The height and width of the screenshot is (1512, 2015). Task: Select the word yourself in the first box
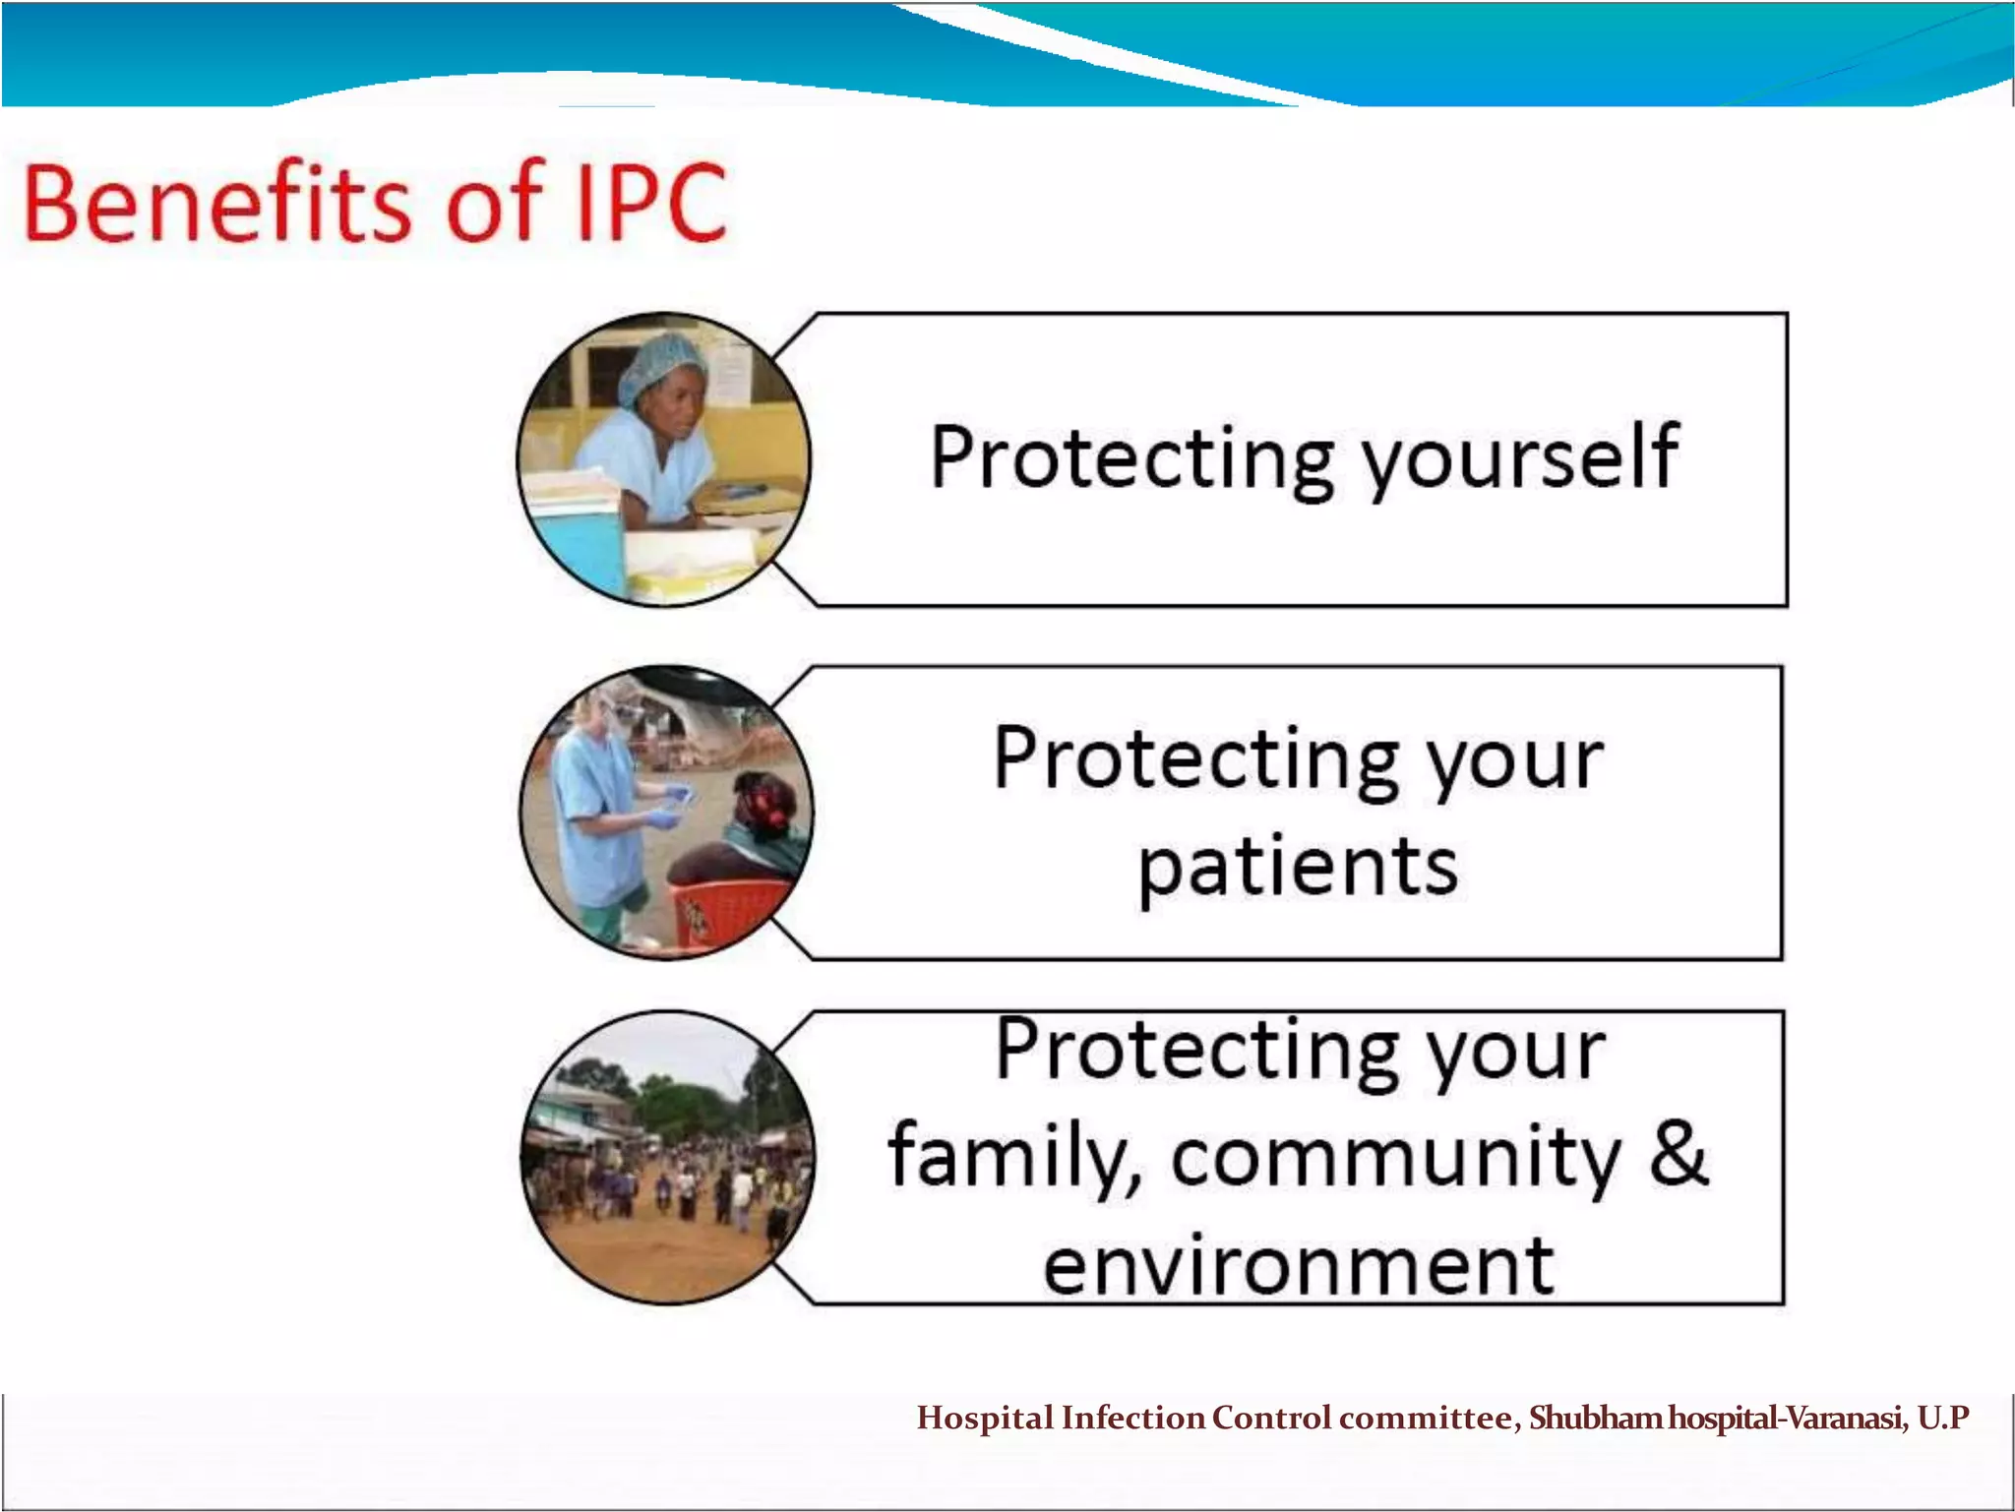(x=1520, y=458)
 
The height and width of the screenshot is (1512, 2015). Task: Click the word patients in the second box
(x=1298, y=867)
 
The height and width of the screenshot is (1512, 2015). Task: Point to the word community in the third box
(x=1395, y=1158)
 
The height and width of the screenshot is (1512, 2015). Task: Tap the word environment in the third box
(x=1298, y=1267)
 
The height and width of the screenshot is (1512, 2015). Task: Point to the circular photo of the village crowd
(x=667, y=1158)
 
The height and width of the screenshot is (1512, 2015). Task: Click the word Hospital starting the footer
(x=985, y=1418)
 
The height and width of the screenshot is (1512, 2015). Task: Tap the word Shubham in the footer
(x=1595, y=1418)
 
